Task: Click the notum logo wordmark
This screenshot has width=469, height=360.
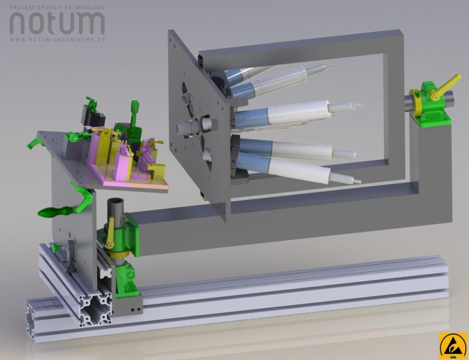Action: [x=57, y=23]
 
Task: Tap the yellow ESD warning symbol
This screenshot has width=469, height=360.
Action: [x=453, y=345]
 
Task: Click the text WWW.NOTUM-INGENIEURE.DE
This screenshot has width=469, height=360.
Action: [x=57, y=39]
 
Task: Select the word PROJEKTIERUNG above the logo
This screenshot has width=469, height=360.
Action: [x=33, y=7]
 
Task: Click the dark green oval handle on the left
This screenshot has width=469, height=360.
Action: [x=56, y=212]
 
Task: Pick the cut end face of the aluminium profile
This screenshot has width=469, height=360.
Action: [x=95, y=308]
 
